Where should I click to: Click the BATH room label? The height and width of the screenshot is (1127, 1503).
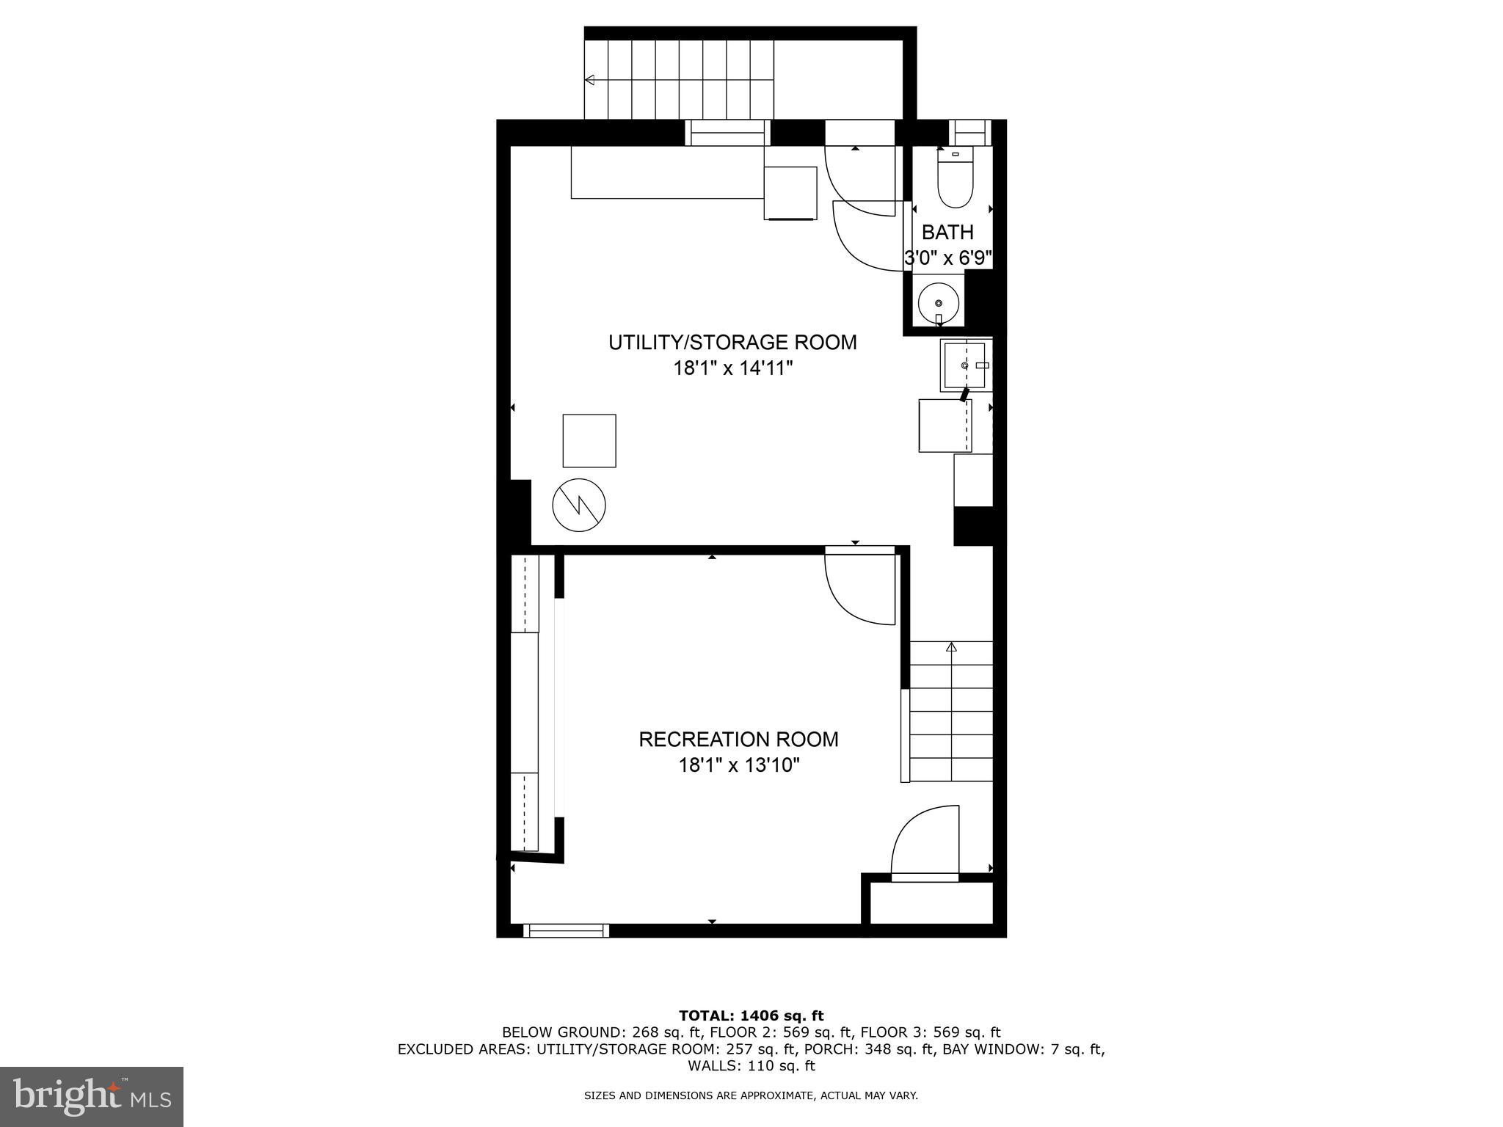click(x=947, y=233)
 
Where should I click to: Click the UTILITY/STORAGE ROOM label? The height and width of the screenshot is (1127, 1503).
click(x=732, y=343)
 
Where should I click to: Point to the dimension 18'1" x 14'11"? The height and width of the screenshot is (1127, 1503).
click(x=733, y=368)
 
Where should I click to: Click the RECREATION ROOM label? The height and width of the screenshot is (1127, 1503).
click(x=738, y=740)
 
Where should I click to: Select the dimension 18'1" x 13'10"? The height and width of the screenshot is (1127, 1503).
click(x=738, y=766)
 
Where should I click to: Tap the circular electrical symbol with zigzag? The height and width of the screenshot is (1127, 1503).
click(x=579, y=505)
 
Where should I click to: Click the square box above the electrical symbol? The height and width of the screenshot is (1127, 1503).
click(x=589, y=440)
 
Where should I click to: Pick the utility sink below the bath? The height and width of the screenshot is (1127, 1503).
click(x=965, y=365)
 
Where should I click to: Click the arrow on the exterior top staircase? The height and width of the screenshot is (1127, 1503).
click(x=589, y=80)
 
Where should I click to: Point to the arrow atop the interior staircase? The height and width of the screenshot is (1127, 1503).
click(x=952, y=647)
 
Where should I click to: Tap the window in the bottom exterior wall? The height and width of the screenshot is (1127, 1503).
click(x=567, y=930)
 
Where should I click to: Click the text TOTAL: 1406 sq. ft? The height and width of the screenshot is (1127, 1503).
click(x=751, y=1015)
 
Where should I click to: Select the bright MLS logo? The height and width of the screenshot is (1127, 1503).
click(x=92, y=1096)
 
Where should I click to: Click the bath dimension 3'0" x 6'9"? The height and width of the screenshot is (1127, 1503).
click(x=947, y=258)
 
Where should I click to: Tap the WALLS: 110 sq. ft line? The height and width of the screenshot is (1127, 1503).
click(x=751, y=1065)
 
